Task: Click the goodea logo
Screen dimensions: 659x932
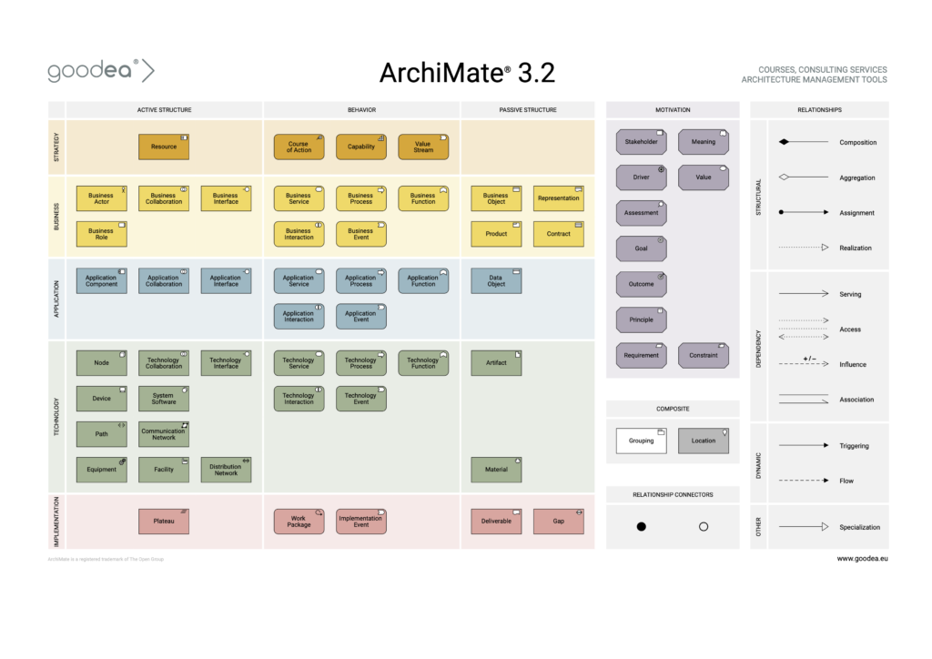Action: click(100, 71)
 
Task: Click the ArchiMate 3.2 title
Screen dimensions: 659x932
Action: click(466, 72)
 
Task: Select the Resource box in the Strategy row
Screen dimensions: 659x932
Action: click(164, 147)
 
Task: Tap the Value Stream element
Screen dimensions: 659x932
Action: click(423, 147)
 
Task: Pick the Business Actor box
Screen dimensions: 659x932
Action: click(101, 198)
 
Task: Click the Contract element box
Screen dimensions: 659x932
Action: click(558, 234)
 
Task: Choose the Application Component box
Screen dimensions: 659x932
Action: click(101, 280)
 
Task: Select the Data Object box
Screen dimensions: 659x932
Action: click(496, 280)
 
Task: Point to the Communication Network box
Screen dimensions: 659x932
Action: click(164, 434)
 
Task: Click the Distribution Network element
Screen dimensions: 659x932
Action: click(226, 470)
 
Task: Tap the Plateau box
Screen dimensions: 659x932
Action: click(164, 522)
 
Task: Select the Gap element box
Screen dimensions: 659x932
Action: click(558, 522)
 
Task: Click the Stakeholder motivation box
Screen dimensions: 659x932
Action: click(641, 142)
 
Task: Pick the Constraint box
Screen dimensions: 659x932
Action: click(703, 355)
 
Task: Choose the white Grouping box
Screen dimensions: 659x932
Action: click(641, 441)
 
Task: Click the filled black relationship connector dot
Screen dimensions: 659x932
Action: click(641, 527)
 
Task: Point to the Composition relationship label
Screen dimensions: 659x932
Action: click(857, 143)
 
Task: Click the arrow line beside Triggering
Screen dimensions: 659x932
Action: click(803, 446)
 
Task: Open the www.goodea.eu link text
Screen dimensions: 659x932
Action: click(862, 558)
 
